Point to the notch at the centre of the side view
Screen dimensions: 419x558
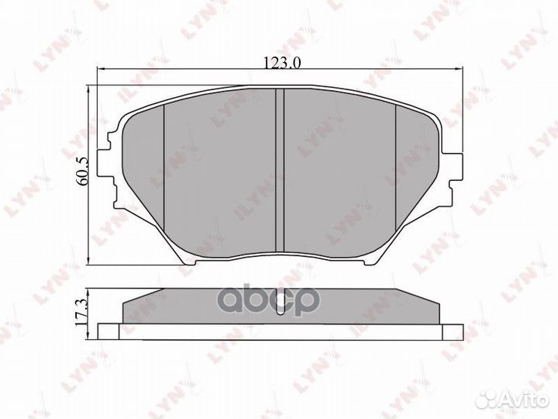(281, 296)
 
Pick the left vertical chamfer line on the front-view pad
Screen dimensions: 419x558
(165, 175)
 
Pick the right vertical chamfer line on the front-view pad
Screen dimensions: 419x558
(396, 175)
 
